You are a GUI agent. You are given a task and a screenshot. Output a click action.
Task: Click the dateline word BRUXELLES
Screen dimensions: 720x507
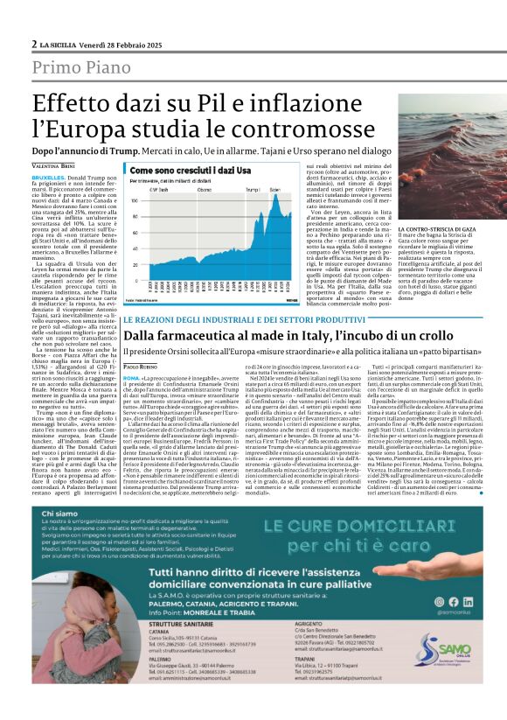coord(48,176)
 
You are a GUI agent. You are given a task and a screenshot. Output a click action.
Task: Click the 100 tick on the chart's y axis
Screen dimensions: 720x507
coord(137,199)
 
